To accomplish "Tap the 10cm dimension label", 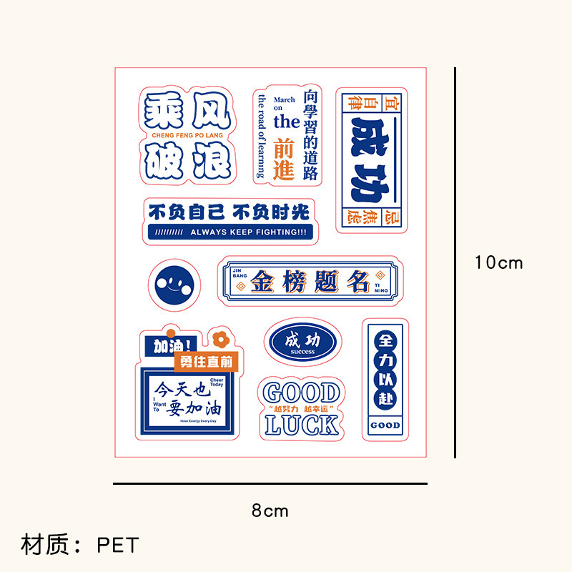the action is [x=498, y=262].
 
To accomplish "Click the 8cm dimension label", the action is [x=270, y=511].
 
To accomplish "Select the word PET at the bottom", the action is [x=117, y=546].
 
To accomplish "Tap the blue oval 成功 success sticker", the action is [x=303, y=342].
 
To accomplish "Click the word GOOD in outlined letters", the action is [x=302, y=393].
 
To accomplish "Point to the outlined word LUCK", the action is [x=302, y=424].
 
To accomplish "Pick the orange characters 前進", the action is [x=285, y=158].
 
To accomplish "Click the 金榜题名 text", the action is [x=310, y=282].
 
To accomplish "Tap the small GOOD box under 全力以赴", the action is [x=385, y=425].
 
